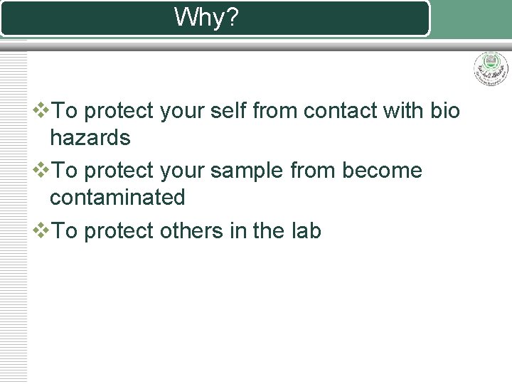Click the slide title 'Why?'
(x=207, y=18)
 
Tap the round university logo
(x=491, y=69)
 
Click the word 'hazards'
(x=90, y=137)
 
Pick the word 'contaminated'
(x=117, y=197)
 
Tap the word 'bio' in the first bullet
(x=445, y=111)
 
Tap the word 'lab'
(x=306, y=231)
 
